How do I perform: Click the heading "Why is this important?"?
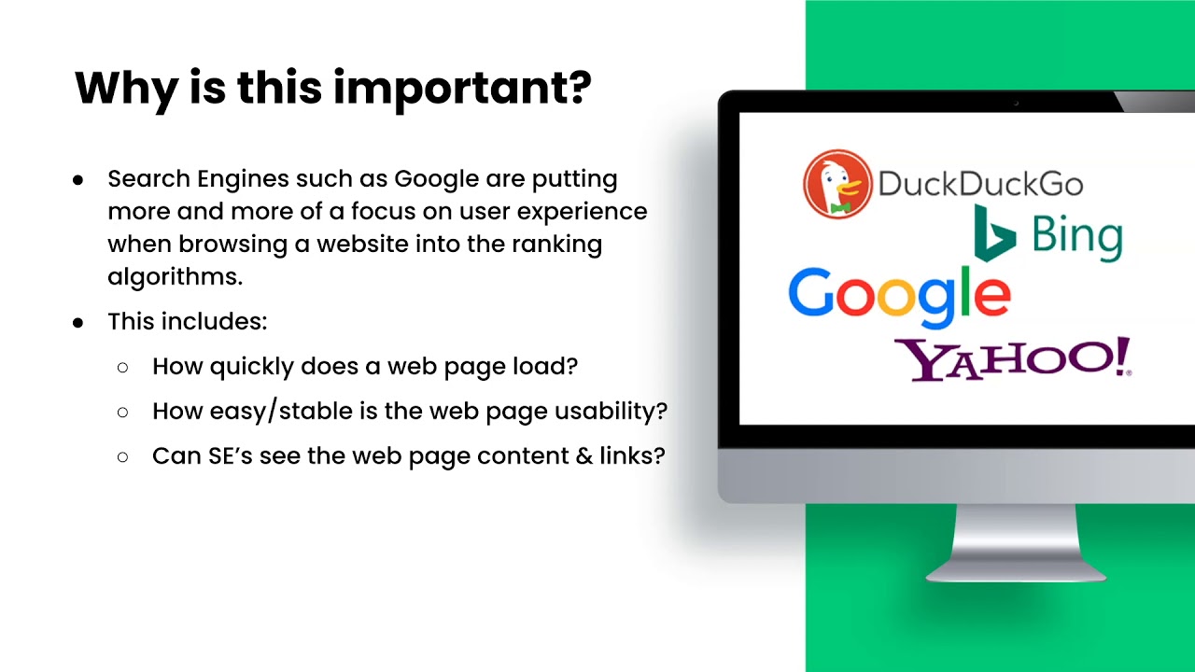coord(332,89)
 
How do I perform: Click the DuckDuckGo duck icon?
coord(837,184)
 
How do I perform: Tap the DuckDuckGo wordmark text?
coord(979,184)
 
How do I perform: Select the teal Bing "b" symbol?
coord(992,234)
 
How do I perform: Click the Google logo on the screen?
coord(898,297)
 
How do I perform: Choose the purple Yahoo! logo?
coord(1012,359)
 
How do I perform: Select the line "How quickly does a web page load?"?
coord(365,367)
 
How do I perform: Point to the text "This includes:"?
coord(188,322)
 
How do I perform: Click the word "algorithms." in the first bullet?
coord(175,276)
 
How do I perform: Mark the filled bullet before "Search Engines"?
coord(78,179)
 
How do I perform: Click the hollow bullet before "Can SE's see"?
coord(123,457)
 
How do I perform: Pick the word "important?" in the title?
coord(462,89)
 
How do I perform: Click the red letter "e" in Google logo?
coord(991,297)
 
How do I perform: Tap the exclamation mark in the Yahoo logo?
coord(1122,357)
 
